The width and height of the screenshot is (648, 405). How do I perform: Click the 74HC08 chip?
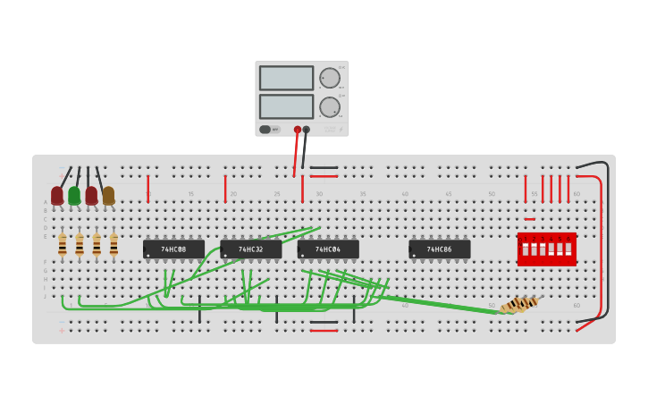pyautogui.click(x=173, y=249)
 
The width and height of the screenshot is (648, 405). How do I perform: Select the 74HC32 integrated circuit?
pyautogui.click(x=250, y=249)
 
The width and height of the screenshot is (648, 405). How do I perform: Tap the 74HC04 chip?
pyautogui.click(x=328, y=249)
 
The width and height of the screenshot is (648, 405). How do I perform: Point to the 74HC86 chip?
pyautogui.click(x=439, y=249)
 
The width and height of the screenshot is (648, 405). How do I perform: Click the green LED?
pyautogui.click(x=74, y=195)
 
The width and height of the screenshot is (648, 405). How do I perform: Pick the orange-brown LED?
pyautogui.click(x=108, y=195)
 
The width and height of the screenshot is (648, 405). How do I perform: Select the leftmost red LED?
pyautogui.click(x=57, y=195)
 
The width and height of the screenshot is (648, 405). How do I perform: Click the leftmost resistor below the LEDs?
pyautogui.click(x=63, y=244)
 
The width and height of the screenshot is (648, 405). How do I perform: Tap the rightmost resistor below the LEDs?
pyautogui.click(x=114, y=244)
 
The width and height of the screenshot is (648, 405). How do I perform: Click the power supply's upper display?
pyautogui.click(x=286, y=79)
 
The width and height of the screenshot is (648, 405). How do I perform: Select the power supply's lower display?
pyautogui.click(x=286, y=106)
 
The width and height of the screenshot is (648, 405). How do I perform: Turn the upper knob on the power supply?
pyautogui.click(x=330, y=78)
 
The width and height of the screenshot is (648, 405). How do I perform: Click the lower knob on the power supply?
pyautogui.click(x=330, y=107)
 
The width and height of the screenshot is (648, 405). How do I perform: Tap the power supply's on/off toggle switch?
pyautogui.click(x=265, y=130)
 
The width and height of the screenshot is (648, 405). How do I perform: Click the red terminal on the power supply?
pyautogui.click(x=298, y=130)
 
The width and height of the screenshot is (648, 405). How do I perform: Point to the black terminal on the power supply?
pyautogui.click(x=307, y=130)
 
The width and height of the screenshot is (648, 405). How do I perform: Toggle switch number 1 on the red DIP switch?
pyautogui.click(x=526, y=249)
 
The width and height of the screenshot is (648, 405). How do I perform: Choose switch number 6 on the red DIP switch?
pyautogui.click(x=568, y=249)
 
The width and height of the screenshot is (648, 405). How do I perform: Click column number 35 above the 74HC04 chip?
pyautogui.click(x=363, y=194)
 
